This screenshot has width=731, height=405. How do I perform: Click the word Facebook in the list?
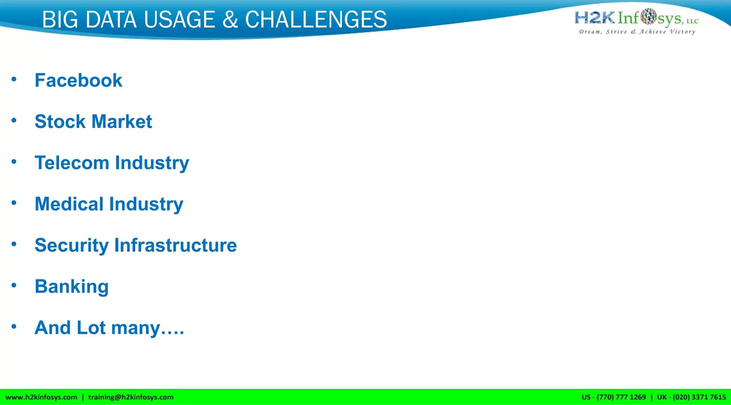click(x=78, y=80)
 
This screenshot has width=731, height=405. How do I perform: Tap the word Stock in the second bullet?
click(x=60, y=122)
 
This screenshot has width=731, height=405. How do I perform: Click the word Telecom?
click(x=72, y=163)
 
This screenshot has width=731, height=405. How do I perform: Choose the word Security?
click(x=71, y=246)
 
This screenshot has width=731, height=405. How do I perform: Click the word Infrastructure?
click(x=175, y=245)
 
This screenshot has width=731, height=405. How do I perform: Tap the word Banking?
click(x=72, y=287)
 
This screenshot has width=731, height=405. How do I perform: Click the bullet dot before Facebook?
click(x=14, y=79)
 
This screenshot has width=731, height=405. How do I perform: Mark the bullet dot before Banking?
click(x=14, y=285)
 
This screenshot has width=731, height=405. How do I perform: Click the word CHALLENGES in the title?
click(x=316, y=20)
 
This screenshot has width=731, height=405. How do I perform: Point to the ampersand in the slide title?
click(x=230, y=20)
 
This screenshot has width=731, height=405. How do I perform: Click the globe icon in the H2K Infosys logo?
click(x=648, y=16)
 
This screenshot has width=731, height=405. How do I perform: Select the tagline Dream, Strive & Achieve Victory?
click(x=637, y=32)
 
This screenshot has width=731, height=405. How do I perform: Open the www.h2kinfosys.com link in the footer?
click(x=41, y=397)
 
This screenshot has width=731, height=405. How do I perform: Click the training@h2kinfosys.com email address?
click(x=131, y=397)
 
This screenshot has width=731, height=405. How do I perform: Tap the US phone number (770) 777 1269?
click(x=621, y=397)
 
